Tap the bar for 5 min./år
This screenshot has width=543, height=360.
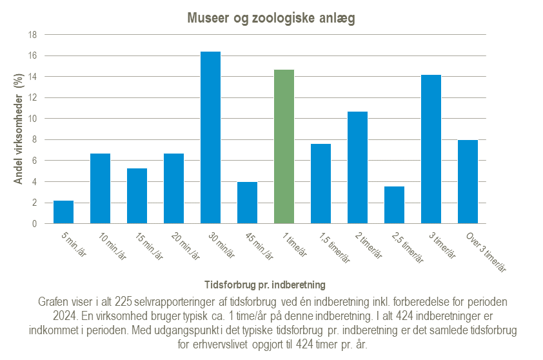[x=63, y=212]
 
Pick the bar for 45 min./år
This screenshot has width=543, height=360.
[x=247, y=203]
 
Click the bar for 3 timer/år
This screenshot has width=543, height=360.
[x=431, y=149]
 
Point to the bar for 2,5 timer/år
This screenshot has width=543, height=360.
[x=394, y=205]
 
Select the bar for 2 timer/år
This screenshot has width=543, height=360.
[x=357, y=168]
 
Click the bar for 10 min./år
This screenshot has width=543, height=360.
[x=100, y=188]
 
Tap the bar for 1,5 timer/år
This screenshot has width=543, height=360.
[x=321, y=184]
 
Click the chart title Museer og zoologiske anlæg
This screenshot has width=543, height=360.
[x=271, y=18]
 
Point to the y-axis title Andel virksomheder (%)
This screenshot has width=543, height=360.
[x=19, y=129]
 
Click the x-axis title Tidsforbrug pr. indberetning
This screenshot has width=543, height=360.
[x=264, y=284]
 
